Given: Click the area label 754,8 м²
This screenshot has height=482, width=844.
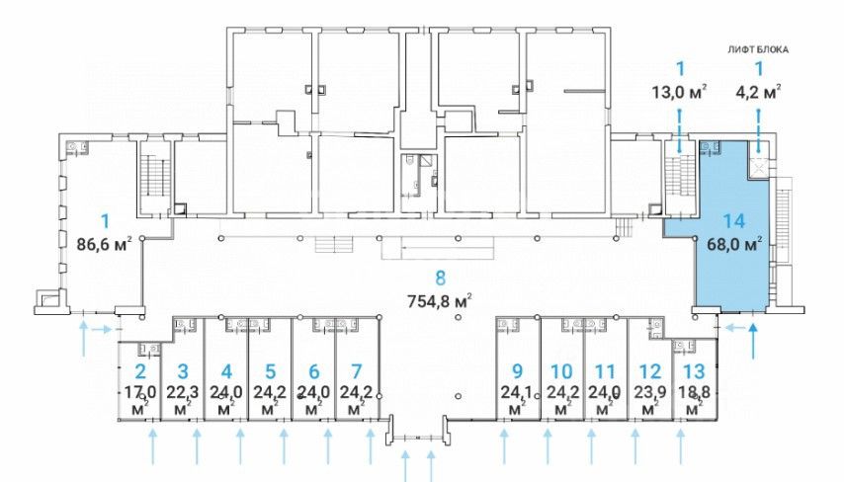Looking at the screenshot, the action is pyautogui.click(x=441, y=300).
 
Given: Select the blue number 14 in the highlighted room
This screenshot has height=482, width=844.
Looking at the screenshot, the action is pyautogui.click(x=733, y=221).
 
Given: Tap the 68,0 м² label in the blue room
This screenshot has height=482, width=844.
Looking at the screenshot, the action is pyautogui.click(x=734, y=245).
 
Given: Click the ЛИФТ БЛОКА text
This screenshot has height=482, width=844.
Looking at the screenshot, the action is pyautogui.click(x=758, y=49).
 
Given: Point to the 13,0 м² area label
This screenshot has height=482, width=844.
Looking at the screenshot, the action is pyautogui.click(x=679, y=92).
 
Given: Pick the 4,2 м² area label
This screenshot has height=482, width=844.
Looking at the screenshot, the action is pyautogui.click(x=758, y=92).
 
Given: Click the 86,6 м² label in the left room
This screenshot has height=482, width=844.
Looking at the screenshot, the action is pyautogui.click(x=105, y=245).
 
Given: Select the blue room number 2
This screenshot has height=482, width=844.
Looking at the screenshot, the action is pyautogui.click(x=140, y=371).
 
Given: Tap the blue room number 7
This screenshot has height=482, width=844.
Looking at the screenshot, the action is pyautogui.click(x=357, y=371).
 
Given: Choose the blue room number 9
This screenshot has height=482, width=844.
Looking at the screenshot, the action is pyautogui.click(x=517, y=371).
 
